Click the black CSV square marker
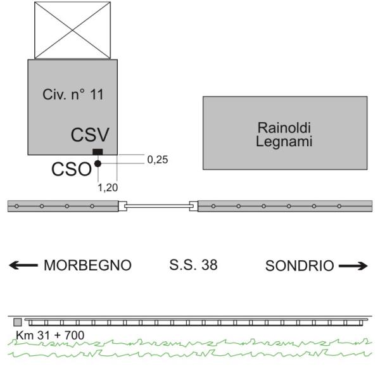98,152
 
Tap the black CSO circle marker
98,163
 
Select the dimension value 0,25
158,160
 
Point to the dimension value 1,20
108,187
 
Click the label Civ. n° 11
73,94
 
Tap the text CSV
90,135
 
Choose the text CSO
72,169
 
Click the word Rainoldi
284,127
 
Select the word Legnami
284,142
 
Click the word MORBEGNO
88,265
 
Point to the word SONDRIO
300,266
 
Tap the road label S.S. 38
193,265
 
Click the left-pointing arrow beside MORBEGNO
23,265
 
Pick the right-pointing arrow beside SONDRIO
353,266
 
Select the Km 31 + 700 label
50,336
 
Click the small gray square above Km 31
18,322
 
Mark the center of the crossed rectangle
72,30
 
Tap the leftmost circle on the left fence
16,206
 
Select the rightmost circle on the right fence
339,206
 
